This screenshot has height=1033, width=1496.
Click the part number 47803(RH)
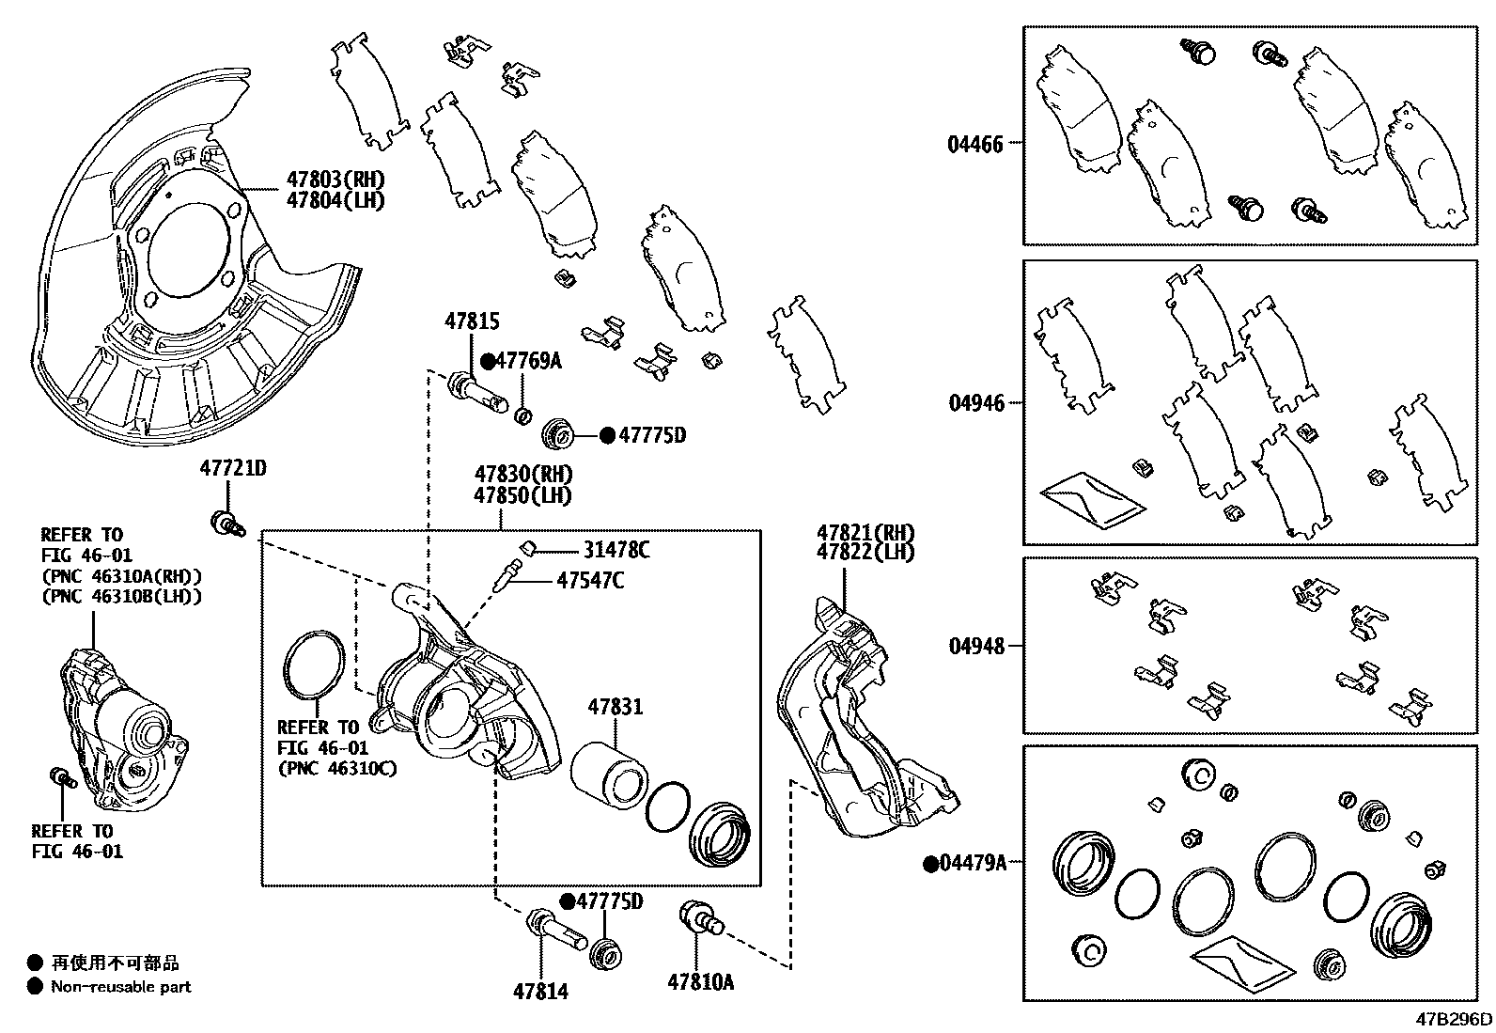335,180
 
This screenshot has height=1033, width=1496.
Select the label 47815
472,321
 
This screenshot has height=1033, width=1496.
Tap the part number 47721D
232,467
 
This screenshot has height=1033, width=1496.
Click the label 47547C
589,581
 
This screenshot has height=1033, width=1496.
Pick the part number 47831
616,706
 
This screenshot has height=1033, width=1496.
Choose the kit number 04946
975,403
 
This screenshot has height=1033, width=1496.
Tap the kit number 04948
975,646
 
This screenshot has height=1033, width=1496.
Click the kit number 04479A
974,863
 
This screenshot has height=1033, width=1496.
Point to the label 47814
540,991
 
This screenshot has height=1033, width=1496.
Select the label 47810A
700,982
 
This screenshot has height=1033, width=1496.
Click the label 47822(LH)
865,553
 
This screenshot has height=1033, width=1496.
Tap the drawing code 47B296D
1455,1019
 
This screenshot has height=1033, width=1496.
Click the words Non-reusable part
121,987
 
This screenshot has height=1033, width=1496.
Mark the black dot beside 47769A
489,361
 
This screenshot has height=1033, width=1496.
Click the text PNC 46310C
336,768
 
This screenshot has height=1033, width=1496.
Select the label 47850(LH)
522,495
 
